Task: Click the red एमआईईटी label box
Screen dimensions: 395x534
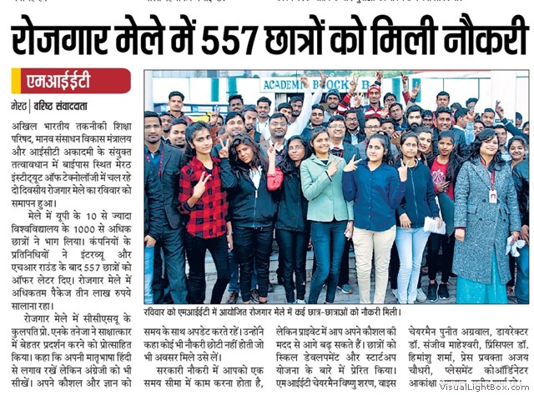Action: pos(70,82)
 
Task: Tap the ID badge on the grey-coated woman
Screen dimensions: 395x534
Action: pos(493,196)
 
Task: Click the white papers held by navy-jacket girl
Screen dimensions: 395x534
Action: pos(433,224)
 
